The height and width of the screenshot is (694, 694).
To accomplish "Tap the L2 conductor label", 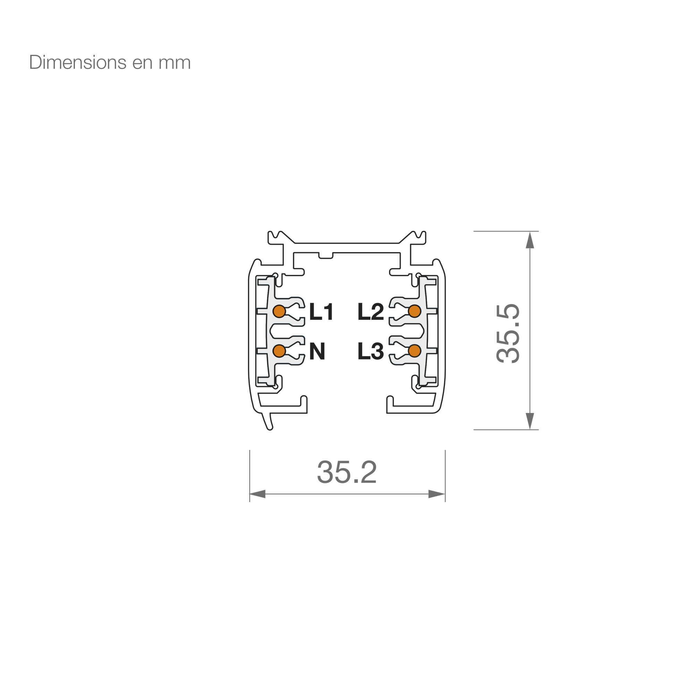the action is point(371,312).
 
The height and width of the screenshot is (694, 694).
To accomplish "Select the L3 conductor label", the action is point(371,351).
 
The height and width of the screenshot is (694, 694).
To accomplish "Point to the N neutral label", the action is point(317,351).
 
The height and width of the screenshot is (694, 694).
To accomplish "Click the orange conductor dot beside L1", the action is point(279,312).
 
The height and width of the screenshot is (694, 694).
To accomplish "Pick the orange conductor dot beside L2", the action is point(415,312).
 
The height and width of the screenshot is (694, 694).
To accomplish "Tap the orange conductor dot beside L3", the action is point(415,351).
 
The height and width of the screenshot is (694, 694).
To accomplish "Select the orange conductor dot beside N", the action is point(279,351).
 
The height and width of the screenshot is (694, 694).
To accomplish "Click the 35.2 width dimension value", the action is point(347,472).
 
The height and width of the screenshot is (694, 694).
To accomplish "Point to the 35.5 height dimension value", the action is point(508,333).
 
